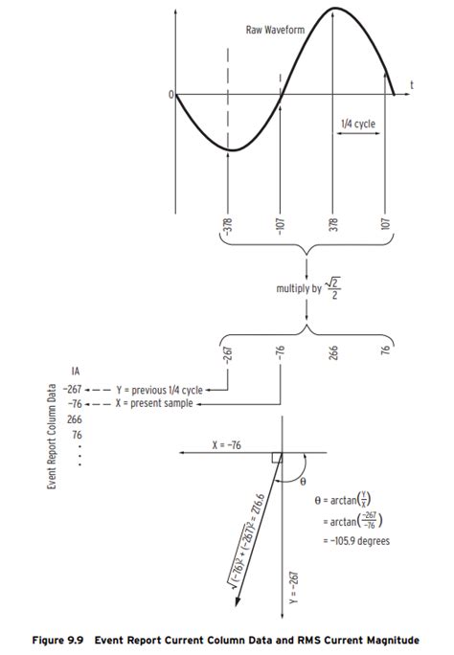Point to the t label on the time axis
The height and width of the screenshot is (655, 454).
[413, 85]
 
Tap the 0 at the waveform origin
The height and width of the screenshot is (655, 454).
[170, 95]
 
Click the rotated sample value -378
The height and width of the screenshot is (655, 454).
[228, 227]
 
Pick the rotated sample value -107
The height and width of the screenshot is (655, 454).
[281, 227]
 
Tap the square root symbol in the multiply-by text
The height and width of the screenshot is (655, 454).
[329, 284]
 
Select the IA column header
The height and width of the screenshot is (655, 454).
[75, 371]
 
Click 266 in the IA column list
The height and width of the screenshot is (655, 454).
[74, 419]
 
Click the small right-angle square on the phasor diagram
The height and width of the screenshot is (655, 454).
[277, 459]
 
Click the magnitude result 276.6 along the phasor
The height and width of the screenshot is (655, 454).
[257, 506]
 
